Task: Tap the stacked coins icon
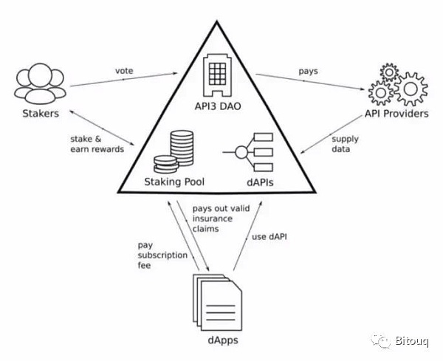[176, 151]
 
